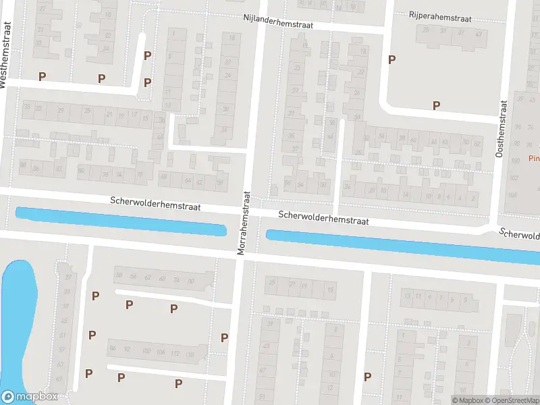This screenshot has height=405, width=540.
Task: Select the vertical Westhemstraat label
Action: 6,54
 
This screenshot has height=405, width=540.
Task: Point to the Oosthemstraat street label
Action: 500,129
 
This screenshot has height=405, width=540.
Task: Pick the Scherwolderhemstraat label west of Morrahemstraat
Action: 156,203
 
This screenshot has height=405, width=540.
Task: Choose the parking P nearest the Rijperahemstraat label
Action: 391,59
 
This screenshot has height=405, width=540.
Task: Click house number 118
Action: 190,354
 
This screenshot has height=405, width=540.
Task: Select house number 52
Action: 477,142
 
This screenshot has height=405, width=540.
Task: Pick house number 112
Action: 175,352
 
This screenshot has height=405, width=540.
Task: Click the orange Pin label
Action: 533,159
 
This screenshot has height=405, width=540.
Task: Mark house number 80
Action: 121,275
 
